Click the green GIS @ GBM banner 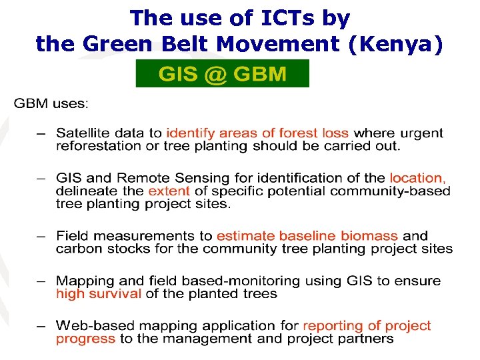222,73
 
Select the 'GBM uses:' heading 51,104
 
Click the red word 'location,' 418,178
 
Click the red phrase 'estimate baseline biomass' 307,236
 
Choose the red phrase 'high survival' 98,294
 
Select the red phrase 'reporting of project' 367,326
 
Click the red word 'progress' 85,339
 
